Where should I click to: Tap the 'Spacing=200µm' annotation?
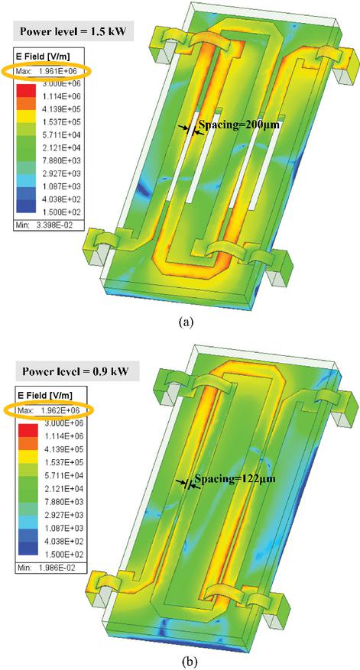[241, 125]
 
